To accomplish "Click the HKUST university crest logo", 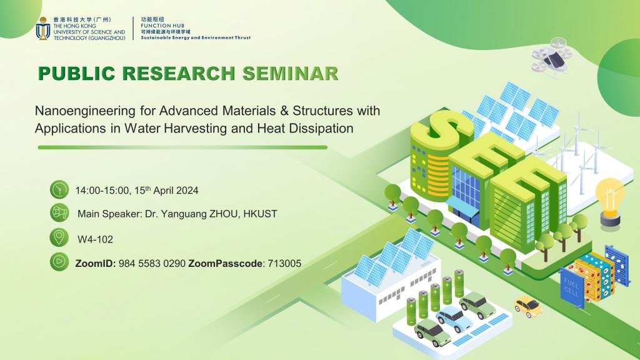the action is pyautogui.click(x=43, y=29).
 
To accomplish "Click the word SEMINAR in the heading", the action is pyautogui.click(x=290, y=74).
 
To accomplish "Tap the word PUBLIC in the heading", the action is pyautogui.click(x=76, y=74).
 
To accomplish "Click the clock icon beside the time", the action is pyautogui.click(x=59, y=190).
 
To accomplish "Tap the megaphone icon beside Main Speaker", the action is pyautogui.click(x=59, y=213).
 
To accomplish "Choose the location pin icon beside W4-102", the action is pyautogui.click(x=59, y=237).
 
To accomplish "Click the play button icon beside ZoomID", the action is pyautogui.click(x=59, y=262).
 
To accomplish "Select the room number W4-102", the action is pyautogui.click(x=95, y=239).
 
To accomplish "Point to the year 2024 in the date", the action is pyautogui.click(x=187, y=191).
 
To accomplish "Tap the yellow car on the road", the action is pyautogui.click(x=528, y=306).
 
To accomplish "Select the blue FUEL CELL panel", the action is pyautogui.click(x=571, y=287).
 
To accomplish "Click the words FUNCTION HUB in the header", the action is pyautogui.click(x=162, y=25).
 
